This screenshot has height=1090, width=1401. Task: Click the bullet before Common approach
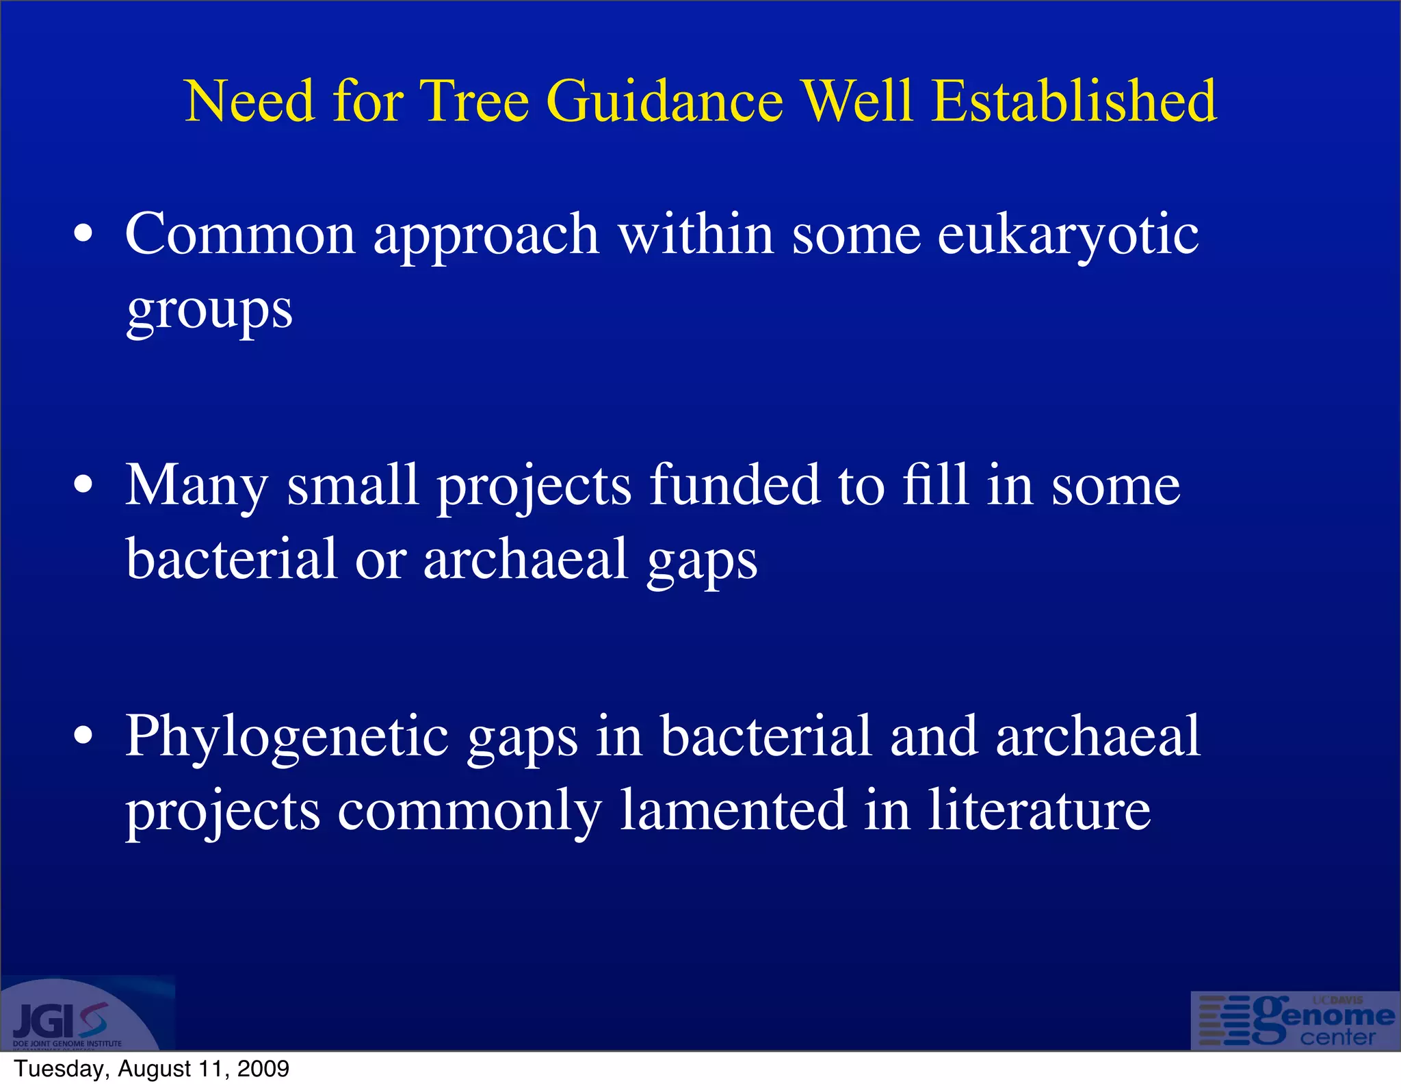(x=83, y=234)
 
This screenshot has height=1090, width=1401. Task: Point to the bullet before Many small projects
(x=83, y=485)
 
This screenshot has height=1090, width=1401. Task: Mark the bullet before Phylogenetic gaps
(x=83, y=736)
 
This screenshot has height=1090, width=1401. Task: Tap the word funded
(x=735, y=485)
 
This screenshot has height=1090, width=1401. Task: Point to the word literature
(x=1039, y=810)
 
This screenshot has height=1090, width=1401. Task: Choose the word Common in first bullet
(x=240, y=234)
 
